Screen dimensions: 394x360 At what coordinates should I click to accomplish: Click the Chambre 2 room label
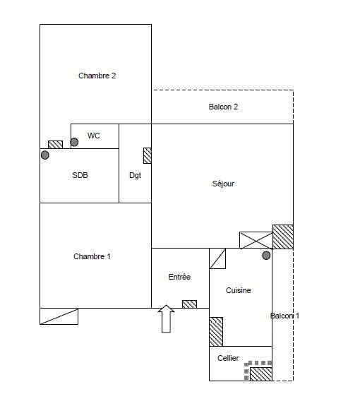(97, 76)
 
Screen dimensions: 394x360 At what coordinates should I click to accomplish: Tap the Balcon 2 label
(223, 107)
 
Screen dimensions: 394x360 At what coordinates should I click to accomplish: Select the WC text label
(93, 136)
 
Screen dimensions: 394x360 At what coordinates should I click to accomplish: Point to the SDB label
(80, 175)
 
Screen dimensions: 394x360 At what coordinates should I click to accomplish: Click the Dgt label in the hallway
(135, 175)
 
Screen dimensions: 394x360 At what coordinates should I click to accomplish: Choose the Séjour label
(223, 184)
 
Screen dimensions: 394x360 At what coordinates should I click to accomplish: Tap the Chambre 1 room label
(92, 256)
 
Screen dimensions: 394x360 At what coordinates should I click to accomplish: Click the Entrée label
(179, 277)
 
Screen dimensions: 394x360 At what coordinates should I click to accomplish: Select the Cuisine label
(238, 290)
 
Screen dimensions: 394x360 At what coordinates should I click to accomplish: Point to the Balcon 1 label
(284, 316)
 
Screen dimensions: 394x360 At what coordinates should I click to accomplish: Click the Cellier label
(228, 359)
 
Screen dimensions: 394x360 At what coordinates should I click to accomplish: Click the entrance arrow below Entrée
(166, 318)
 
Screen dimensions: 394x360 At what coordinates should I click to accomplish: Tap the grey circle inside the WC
(74, 142)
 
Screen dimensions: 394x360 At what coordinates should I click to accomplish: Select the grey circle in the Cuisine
(266, 256)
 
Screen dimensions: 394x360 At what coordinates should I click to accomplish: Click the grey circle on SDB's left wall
(45, 155)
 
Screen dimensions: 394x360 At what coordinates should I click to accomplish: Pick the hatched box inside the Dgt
(147, 155)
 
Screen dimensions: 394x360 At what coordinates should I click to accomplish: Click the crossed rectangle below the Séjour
(256, 240)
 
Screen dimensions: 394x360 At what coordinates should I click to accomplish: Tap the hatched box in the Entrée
(189, 304)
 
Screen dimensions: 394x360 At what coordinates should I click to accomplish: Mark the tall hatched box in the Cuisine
(216, 331)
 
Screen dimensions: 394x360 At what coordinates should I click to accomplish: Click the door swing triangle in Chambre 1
(59, 316)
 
